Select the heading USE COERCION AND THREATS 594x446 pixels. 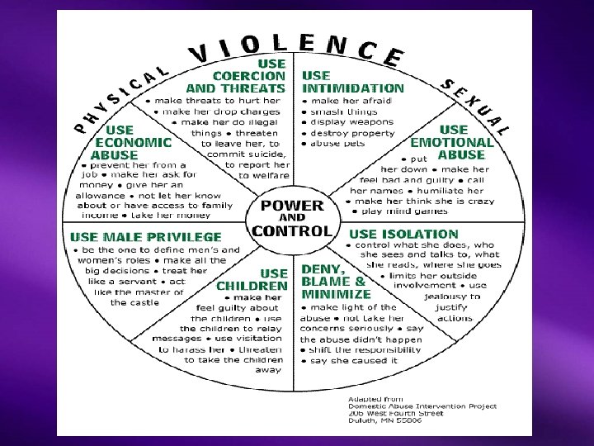click(236, 75)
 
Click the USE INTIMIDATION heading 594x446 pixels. click(353, 81)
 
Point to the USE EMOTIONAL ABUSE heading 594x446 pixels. click(454, 142)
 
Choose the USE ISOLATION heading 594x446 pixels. click(404, 235)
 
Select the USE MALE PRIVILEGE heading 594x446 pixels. click(146, 237)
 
